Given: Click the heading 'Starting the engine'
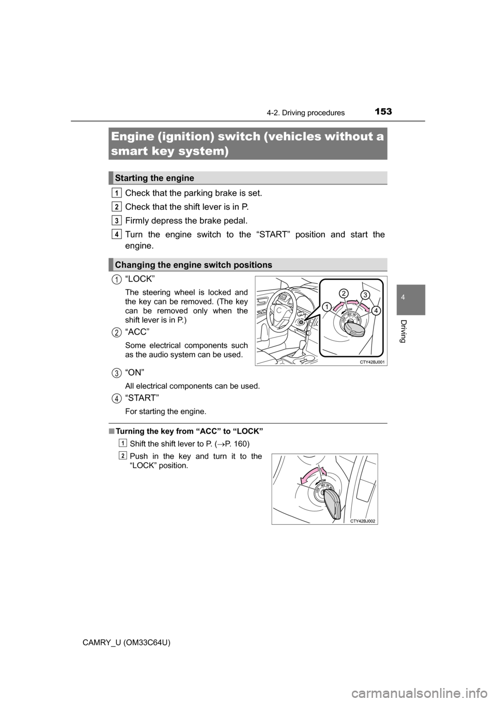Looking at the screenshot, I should pos(154,178).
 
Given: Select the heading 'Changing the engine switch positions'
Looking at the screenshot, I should pos(194,265).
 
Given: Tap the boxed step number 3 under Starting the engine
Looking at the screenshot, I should pos(118,220).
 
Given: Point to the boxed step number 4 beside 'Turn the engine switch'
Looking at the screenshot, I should pos(118,234).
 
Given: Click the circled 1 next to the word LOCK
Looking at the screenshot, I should pos(118,280).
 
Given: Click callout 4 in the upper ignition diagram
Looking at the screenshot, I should pos(376,311).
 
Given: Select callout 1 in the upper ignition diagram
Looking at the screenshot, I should pos(327,307).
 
